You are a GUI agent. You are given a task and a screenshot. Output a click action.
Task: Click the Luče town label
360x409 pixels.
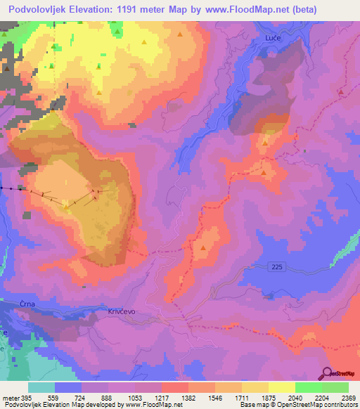tap(273, 37)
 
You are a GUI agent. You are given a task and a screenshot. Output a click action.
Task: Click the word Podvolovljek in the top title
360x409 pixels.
tap(39, 10)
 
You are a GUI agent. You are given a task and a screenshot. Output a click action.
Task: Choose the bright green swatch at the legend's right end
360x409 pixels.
tap(335, 387)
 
